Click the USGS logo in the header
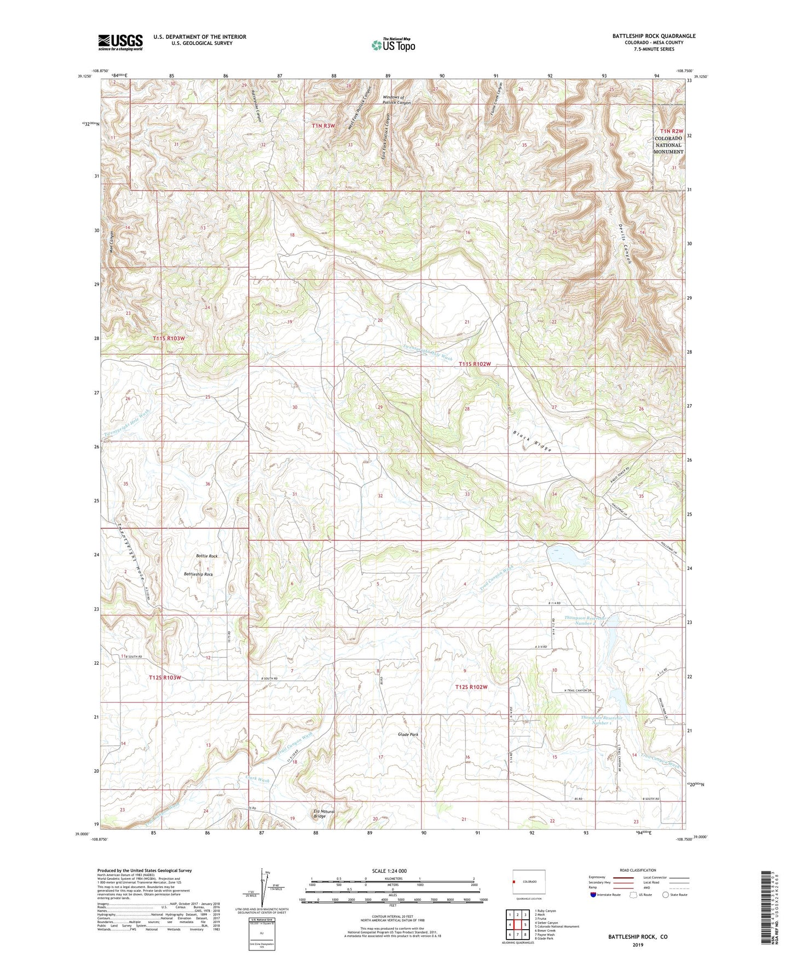coord(120,42)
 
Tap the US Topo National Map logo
coord(394,45)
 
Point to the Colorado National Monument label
coord(668,145)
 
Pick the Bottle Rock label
coord(207,556)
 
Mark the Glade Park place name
coord(408,734)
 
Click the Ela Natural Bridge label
coord(323,814)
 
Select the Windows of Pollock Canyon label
coord(396,100)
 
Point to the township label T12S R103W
coord(165,677)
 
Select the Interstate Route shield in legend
coord(594,895)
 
